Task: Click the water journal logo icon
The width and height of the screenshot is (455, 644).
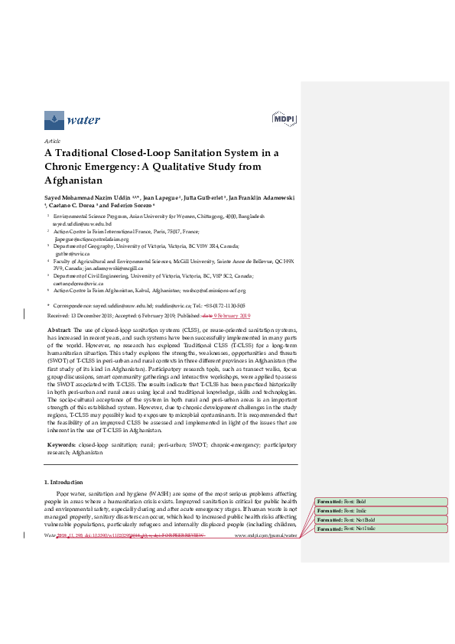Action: point(54,119)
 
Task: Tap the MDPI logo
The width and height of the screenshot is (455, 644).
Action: point(284,119)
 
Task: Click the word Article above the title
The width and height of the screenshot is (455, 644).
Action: point(52,141)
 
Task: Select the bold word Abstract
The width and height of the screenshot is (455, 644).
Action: point(60,328)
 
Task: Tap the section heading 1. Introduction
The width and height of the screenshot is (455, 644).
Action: point(68,482)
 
